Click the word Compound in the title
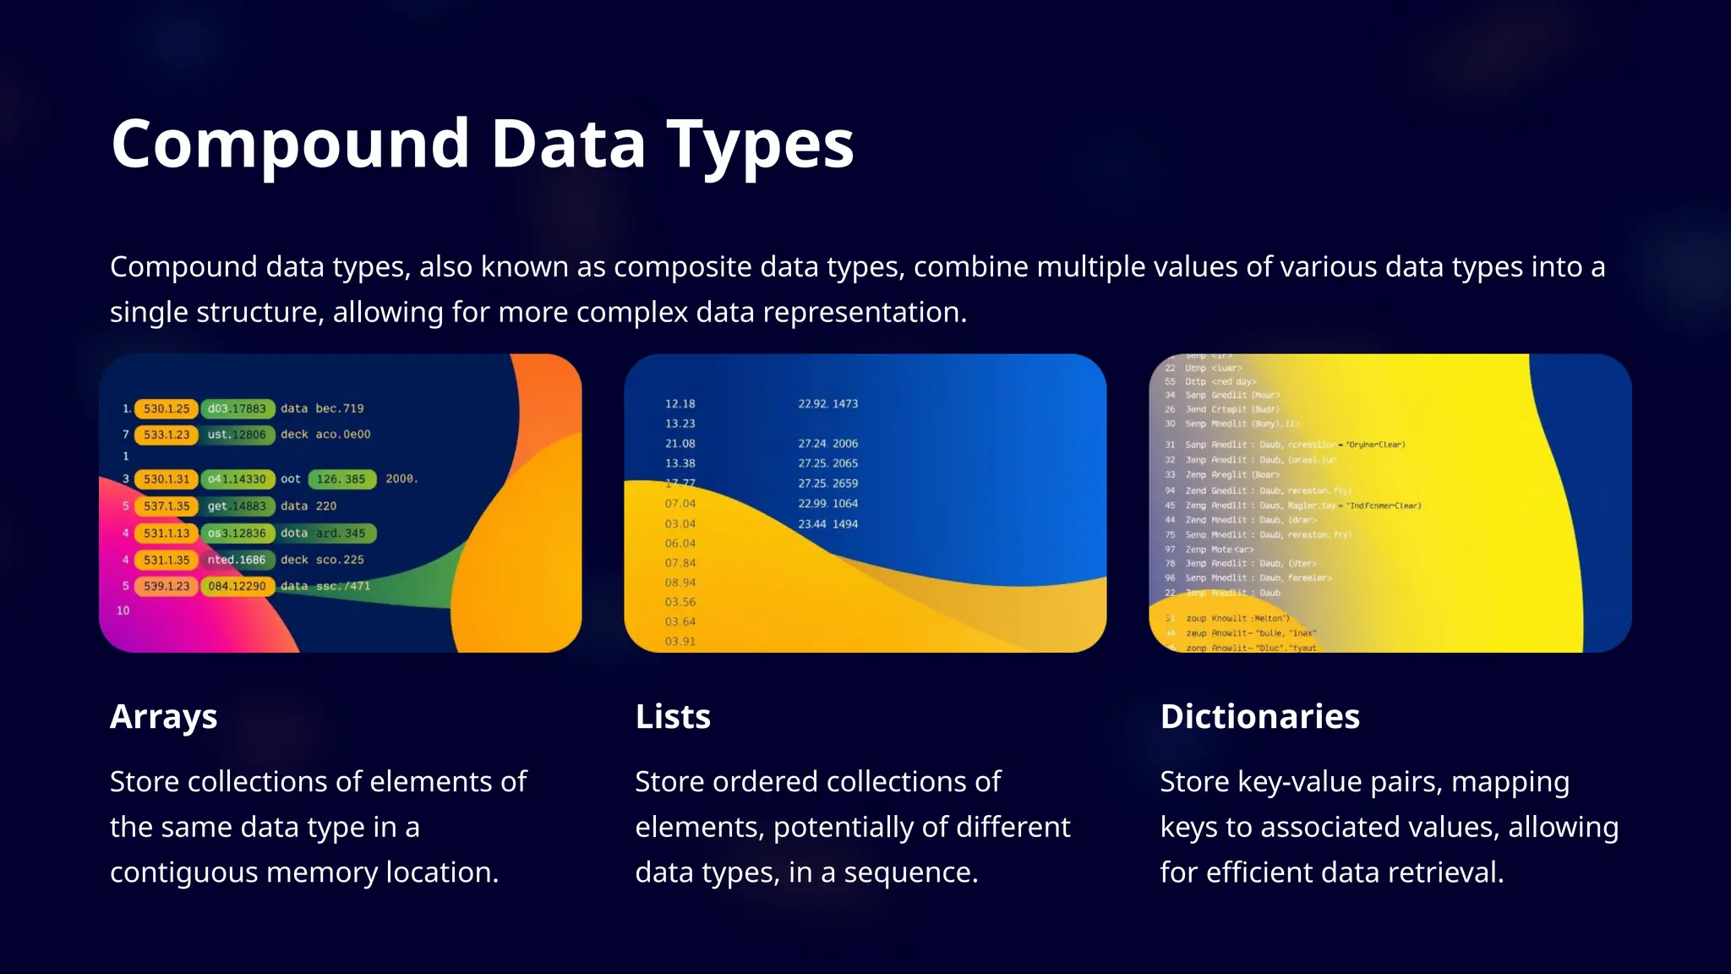click(x=290, y=145)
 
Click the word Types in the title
click(x=760, y=145)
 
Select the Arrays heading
click(x=163, y=717)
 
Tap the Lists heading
click(x=673, y=717)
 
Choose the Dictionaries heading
click(x=1259, y=717)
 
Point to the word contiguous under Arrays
click(x=183, y=873)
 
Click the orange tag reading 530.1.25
click(x=167, y=409)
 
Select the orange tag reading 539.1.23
click(x=167, y=587)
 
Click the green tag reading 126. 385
click(x=341, y=479)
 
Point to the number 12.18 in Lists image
click(x=680, y=404)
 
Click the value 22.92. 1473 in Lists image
click(x=827, y=404)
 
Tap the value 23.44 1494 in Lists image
click(x=827, y=524)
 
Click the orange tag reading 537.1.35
click(x=167, y=506)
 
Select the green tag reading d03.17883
click(x=238, y=409)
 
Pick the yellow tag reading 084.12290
click(x=238, y=587)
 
